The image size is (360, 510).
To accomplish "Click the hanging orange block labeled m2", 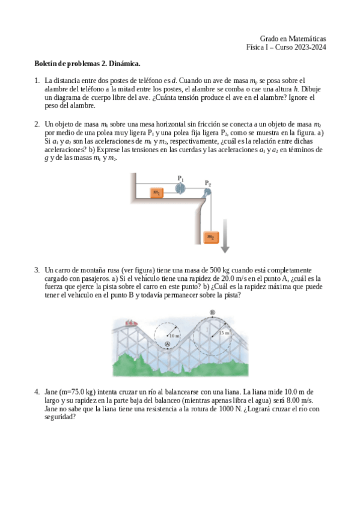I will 210,237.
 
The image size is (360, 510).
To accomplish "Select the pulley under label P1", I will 180,188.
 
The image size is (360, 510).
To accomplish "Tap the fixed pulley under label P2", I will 207,192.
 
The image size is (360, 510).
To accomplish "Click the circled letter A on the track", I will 168,343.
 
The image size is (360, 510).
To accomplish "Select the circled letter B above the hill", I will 212,312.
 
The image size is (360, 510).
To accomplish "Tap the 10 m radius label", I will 175,334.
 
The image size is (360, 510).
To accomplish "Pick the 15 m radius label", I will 224,332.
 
